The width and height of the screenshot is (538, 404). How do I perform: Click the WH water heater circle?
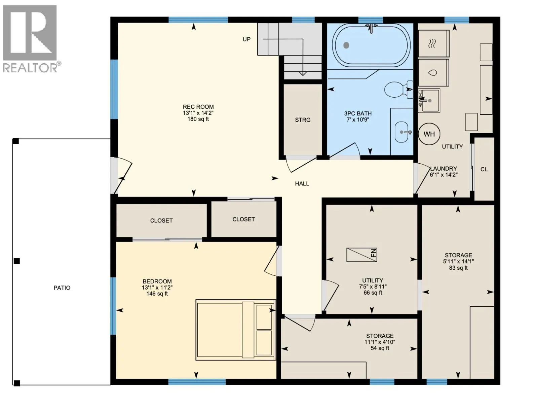pos(429,134)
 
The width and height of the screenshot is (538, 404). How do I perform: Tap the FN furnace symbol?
pos(361,255)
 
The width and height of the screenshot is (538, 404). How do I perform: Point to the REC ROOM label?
pos(198,107)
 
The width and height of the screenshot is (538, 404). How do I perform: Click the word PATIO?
pos(62,288)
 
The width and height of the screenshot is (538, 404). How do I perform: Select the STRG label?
pos(303,120)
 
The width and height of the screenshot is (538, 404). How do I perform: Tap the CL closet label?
pos(484,169)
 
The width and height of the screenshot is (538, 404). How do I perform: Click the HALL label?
pos(302,183)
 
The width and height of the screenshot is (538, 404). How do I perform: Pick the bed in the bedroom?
pos(236,330)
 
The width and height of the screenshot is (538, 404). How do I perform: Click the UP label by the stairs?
pos(246,39)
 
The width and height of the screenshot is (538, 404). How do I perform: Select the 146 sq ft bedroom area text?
pos(157,294)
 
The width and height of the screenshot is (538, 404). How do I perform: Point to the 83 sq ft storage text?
pos(458,268)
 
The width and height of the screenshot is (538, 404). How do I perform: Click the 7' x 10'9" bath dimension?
pos(358,120)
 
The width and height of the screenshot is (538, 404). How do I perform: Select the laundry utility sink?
pos(429,101)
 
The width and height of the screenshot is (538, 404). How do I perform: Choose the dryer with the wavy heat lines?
pos(433,44)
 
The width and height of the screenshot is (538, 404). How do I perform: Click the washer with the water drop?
pos(433,73)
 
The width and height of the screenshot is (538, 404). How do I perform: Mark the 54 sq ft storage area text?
pos(380,348)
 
